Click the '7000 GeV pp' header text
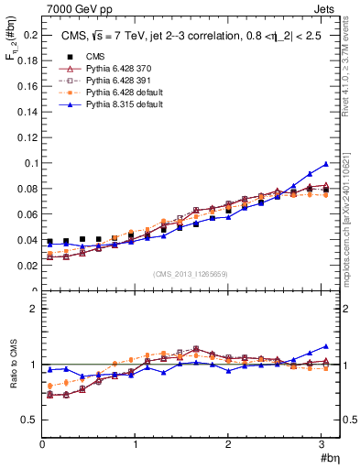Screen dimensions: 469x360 click(x=75, y=8)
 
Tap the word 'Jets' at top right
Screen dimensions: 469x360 click(x=326, y=8)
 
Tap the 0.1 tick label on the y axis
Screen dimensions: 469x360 click(x=30, y=163)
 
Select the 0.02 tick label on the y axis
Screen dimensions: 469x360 click(x=27, y=266)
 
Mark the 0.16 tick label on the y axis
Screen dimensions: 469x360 click(x=27, y=86)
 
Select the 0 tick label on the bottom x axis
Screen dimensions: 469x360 click(x=42, y=444)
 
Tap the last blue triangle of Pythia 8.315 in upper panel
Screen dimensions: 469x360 click(x=325, y=164)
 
